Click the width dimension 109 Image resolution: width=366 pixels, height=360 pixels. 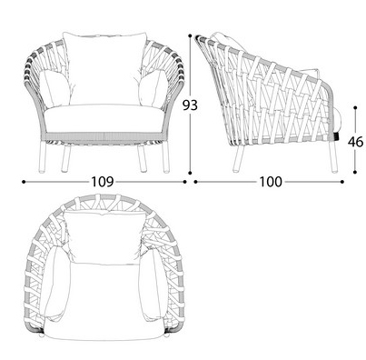coord(103,182)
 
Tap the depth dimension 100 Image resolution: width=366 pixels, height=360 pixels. coord(269,182)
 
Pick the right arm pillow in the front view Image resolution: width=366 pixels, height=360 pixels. coord(152,88)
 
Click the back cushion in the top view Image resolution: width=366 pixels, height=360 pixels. coord(103,235)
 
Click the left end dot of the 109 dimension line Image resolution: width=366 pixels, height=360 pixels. coord(23,182)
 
